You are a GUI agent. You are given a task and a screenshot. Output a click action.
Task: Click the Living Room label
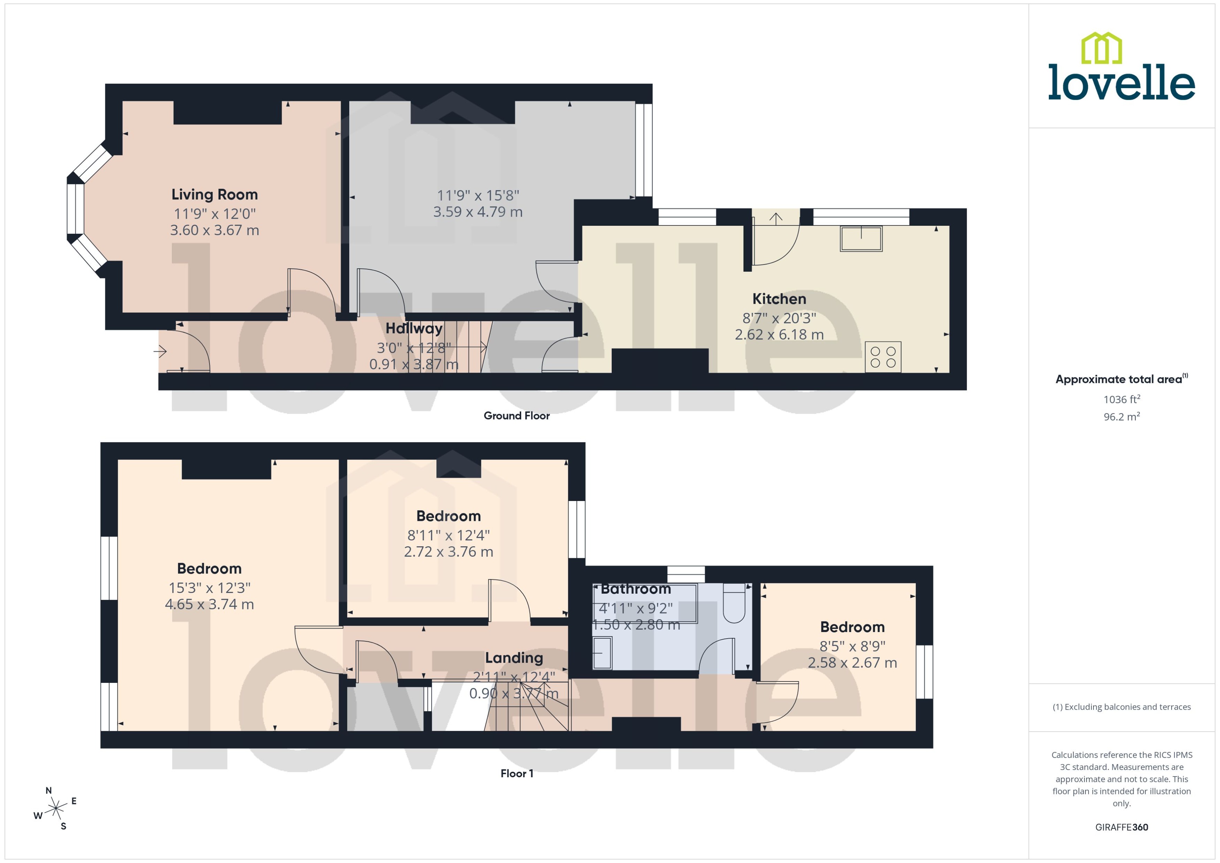tap(214, 194)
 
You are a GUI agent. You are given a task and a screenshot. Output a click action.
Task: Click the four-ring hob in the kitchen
tap(883, 357)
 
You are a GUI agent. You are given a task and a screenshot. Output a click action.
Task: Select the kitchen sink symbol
tap(861, 239)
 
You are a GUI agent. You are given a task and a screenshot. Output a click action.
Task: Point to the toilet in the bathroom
tap(734, 604)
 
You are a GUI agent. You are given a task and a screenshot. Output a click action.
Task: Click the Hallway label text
tap(413, 329)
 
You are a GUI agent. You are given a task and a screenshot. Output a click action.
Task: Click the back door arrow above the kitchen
tap(776, 218)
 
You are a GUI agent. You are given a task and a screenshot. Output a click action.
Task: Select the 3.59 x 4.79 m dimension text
tap(477, 212)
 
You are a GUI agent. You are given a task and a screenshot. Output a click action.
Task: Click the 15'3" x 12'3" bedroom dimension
tap(209, 588)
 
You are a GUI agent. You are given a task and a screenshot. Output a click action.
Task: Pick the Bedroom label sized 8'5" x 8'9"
tap(852, 627)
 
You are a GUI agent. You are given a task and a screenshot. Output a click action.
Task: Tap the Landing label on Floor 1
tap(513, 658)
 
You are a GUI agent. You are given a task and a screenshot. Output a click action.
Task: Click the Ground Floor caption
tap(516, 416)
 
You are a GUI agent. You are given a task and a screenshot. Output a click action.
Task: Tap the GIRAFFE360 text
tap(1121, 827)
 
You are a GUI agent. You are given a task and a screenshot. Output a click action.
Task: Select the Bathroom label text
tap(636, 589)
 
